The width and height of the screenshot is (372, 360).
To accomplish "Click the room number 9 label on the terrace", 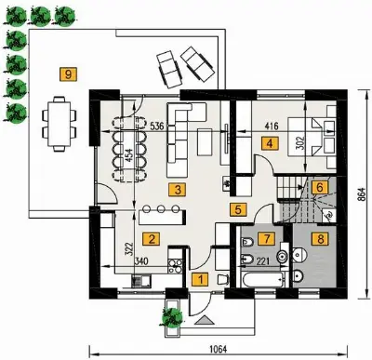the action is tap(68, 74).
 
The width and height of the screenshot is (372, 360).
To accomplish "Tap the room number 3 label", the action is tap(178, 190).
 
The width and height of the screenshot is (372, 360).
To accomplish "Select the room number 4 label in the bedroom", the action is tap(270, 143).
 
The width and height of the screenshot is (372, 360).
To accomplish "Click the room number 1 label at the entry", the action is tap(201, 280).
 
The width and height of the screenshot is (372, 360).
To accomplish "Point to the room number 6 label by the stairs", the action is tap(320, 187).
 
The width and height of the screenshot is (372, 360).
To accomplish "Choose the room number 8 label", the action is tap(320, 239).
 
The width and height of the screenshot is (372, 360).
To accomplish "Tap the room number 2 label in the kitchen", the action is tap(152, 239).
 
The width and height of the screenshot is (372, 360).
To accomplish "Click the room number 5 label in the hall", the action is tap(238, 209).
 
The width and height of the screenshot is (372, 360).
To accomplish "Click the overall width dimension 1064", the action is tap(219, 349).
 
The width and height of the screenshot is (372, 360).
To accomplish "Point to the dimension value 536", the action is tap(157, 126).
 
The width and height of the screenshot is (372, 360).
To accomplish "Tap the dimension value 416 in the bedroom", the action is tap(272, 126).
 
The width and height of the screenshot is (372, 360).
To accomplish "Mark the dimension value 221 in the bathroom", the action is tap(263, 261).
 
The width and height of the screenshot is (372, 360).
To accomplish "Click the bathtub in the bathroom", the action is tap(263, 280).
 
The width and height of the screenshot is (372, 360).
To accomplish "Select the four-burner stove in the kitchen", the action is tap(175, 266).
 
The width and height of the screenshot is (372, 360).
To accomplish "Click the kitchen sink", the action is tap(141, 281).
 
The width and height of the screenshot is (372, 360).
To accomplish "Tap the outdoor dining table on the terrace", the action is tap(60, 124).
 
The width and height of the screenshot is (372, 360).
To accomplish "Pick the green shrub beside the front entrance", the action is tap(171, 317).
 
